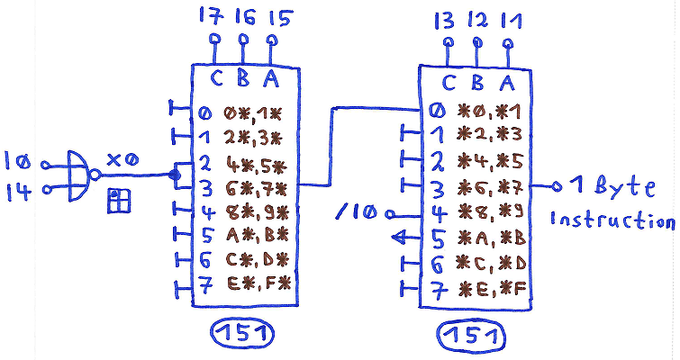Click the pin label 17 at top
pos(214,15)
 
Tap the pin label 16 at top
pos(242,15)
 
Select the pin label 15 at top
pos(272,15)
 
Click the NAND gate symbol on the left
pos(80,174)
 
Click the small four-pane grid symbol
pos(117,202)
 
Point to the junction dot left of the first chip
pos(174,175)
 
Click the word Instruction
pos(613,220)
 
